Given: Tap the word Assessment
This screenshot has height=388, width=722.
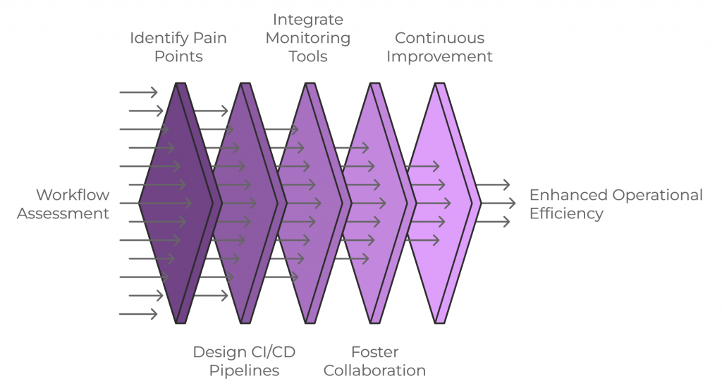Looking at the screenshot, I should (63, 213).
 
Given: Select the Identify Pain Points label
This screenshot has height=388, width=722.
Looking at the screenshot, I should (178, 47).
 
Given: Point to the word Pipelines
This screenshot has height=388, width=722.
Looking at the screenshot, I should (236, 370).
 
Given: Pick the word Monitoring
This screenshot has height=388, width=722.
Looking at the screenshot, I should (307, 38).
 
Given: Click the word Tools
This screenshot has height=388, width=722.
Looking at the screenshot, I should (307, 56).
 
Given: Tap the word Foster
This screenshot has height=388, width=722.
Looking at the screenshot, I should (374, 351).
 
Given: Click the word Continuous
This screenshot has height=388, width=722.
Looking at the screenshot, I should (439, 38).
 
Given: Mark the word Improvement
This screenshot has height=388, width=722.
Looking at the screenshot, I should (439, 56).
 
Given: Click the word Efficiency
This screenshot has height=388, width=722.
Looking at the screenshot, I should (566, 213).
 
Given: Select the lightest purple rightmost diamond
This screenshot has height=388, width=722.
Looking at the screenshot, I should (441, 204).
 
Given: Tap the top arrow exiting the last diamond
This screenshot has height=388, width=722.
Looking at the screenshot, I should (493, 185).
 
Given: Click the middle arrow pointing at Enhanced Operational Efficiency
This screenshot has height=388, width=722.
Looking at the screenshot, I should (493, 204).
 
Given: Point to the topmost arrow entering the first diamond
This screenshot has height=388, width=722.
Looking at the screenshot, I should (138, 92).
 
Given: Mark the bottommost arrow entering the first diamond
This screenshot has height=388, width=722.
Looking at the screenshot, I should (138, 314).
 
